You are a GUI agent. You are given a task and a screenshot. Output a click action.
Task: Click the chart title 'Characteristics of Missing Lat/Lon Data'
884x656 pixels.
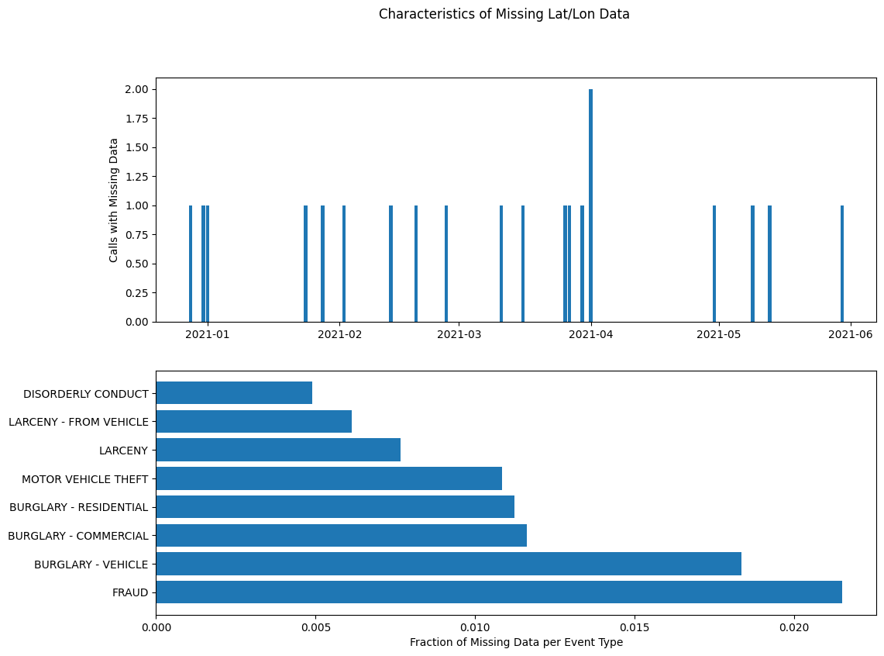click(504, 14)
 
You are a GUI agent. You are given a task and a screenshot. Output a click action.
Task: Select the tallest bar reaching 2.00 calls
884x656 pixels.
click(590, 205)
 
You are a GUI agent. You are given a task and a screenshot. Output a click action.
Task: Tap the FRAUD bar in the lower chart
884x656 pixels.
click(498, 592)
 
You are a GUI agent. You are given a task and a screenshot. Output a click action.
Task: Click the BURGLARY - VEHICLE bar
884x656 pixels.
click(448, 564)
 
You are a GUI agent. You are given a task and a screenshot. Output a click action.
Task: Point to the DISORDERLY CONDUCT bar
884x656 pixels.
click(233, 392)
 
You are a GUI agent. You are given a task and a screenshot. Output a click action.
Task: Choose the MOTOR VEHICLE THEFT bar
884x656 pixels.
click(328, 478)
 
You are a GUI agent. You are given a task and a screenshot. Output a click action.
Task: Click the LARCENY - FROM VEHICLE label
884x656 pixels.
click(78, 422)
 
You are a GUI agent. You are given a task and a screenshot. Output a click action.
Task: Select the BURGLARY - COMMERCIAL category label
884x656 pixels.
click(77, 536)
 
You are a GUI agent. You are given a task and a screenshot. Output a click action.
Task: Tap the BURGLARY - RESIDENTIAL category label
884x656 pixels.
click(78, 507)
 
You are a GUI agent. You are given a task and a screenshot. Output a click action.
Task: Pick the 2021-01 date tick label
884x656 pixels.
click(208, 334)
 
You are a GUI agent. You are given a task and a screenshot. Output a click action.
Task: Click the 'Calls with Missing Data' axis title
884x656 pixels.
click(114, 200)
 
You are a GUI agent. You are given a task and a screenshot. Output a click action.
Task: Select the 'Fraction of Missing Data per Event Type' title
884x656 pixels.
click(516, 642)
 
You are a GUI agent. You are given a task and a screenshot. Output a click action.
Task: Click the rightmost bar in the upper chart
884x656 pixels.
click(842, 264)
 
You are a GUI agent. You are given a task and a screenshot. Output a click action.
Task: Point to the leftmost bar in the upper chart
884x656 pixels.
click(191, 264)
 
